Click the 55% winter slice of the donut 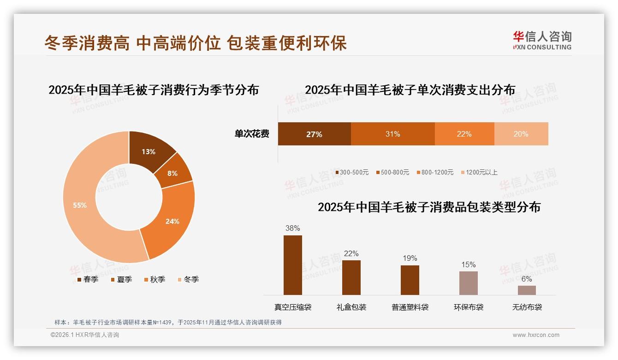(x=81, y=205)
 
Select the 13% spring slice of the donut (x=149, y=151)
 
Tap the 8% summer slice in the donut (x=173, y=174)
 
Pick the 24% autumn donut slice (x=172, y=221)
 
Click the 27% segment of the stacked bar (x=314, y=134)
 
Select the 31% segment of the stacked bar (x=392, y=134)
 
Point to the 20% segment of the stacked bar (x=521, y=134)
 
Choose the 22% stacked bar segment (x=464, y=134)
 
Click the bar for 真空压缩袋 (x=293, y=265)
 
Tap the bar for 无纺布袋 (x=527, y=290)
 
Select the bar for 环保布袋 (x=469, y=283)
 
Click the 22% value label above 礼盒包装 (x=351, y=253)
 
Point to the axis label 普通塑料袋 (x=410, y=307)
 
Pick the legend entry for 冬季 (x=188, y=279)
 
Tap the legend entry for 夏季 (x=121, y=279)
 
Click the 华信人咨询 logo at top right (x=542, y=40)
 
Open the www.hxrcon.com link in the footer (x=536, y=335)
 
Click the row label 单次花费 (x=252, y=134)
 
